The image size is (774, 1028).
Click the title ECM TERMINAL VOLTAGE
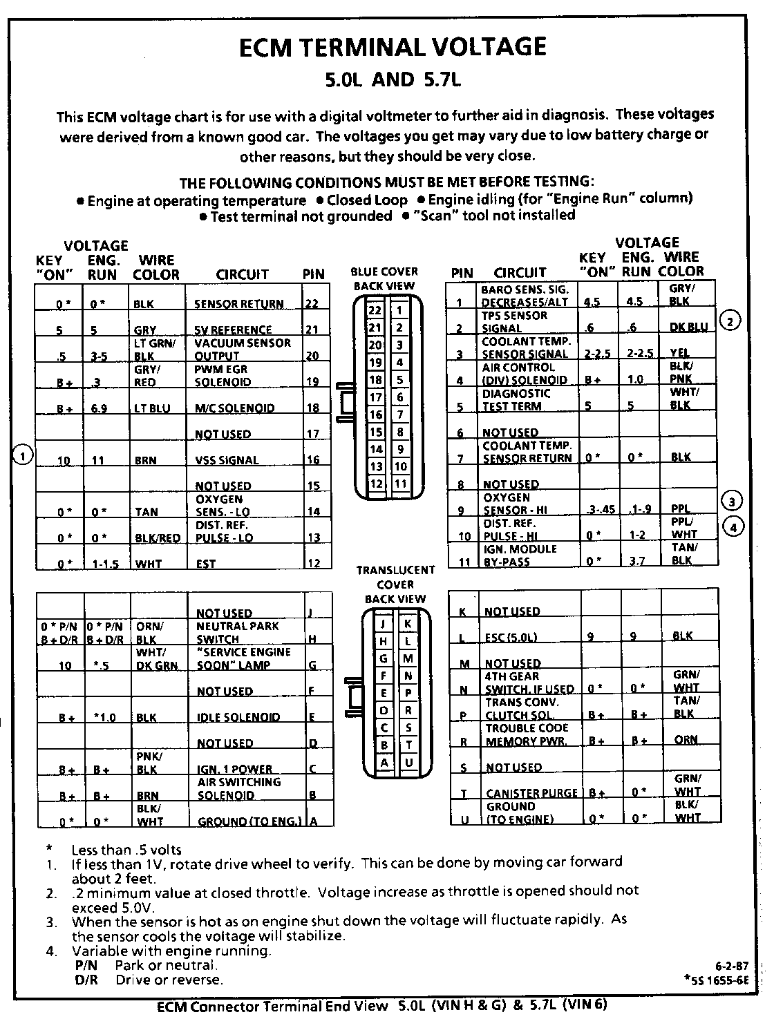click(x=392, y=47)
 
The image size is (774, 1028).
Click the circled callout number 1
click(x=23, y=455)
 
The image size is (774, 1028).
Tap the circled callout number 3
click(x=731, y=500)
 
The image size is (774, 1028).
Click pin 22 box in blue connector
click(x=375, y=310)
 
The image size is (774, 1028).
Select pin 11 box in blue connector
click(x=400, y=484)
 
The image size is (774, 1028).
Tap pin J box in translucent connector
click(x=382, y=624)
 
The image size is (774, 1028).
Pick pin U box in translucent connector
click(x=408, y=763)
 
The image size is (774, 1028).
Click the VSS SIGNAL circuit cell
click(x=227, y=460)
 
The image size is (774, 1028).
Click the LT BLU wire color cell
click(x=151, y=408)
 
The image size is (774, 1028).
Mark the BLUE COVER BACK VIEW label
click(x=384, y=278)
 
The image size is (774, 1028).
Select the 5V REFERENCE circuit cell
click(x=233, y=330)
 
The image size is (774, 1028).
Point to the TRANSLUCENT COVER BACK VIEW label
click(x=395, y=584)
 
